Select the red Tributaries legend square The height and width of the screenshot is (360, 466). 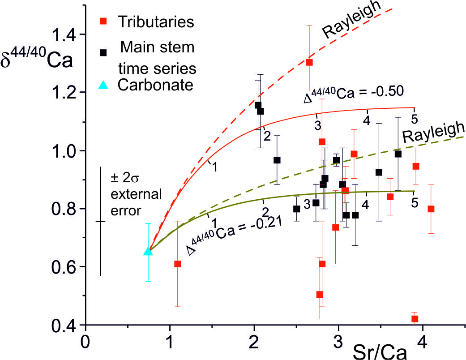click(103, 21)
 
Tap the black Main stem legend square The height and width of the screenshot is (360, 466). click(103, 52)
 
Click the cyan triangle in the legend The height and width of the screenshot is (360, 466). click(103, 85)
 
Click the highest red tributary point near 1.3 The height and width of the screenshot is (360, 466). click(309, 62)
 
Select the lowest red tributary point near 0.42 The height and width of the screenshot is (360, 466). click(415, 319)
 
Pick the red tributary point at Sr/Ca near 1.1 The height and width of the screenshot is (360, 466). click(178, 264)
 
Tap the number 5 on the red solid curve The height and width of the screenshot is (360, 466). click(414, 118)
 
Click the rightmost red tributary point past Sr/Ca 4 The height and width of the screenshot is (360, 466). click(431, 209)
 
